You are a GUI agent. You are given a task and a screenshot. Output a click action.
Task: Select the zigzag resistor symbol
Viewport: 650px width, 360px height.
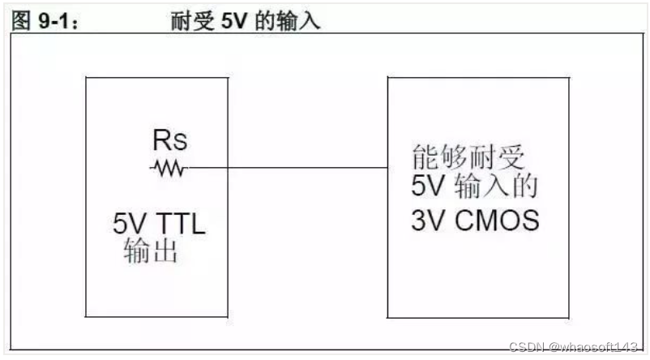click(x=169, y=169)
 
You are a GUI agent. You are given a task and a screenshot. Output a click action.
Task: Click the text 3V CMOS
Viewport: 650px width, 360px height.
click(x=474, y=221)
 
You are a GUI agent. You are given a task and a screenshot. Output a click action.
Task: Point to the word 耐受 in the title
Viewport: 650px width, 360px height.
click(x=190, y=20)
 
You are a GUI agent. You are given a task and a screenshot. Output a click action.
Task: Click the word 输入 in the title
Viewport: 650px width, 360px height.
click(x=301, y=20)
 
